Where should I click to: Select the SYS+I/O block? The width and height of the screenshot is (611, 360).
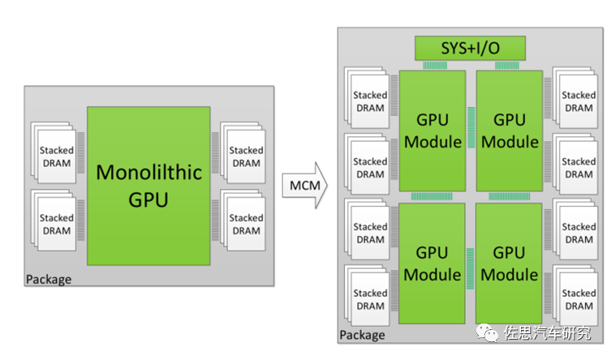[x=470, y=49]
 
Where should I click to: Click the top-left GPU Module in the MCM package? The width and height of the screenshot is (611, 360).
[x=432, y=131]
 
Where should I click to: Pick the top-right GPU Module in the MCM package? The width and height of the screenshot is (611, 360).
[x=508, y=131]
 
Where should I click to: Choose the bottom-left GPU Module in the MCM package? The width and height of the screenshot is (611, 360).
[x=432, y=263]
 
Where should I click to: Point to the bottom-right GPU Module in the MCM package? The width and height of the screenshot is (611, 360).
[x=508, y=263]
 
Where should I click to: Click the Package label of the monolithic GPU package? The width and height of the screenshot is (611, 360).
[x=49, y=280]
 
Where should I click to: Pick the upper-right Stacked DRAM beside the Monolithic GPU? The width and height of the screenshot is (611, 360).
[x=245, y=156]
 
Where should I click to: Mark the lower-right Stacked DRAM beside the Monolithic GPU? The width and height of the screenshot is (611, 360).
[x=245, y=224]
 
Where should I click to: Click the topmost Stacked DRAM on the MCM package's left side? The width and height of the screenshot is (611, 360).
[x=369, y=101]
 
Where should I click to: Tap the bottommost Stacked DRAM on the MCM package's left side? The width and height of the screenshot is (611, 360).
[x=369, y=299]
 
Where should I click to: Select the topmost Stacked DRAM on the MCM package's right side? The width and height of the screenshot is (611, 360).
[x=578, y=101]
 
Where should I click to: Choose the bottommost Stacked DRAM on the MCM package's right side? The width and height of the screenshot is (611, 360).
[x=578, y=299]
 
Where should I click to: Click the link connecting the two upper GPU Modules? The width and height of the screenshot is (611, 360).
[x=471, y=131]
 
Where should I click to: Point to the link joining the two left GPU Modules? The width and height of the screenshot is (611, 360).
[x=432, y=196]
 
